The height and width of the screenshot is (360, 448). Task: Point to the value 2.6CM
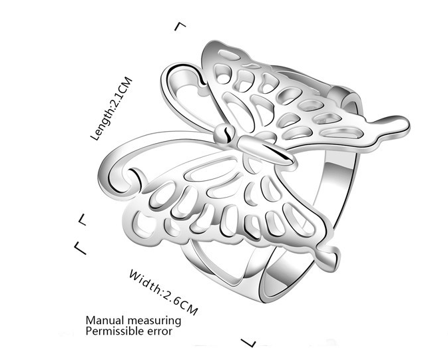(x=178, y=301)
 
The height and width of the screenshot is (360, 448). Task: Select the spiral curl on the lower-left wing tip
(x=123, y=174)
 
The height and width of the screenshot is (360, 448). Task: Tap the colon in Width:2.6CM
(x=160, y=289)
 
